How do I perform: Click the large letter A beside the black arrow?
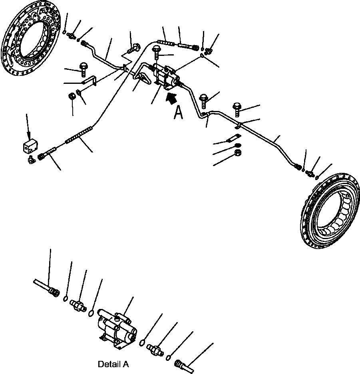tap(178, 113)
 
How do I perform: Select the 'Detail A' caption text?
tap(113, 364)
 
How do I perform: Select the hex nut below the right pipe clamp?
tap(237, 153)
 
